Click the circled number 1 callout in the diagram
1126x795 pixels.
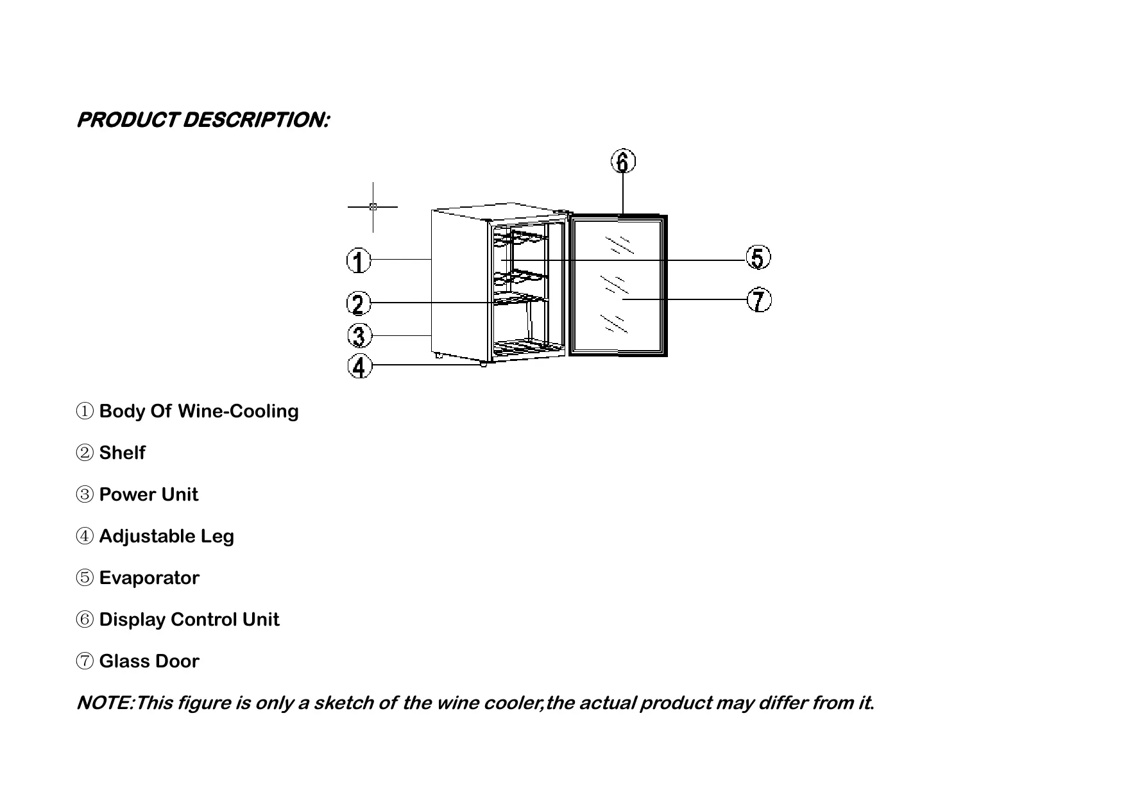(359, 261)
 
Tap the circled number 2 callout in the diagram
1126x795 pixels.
(359, 303)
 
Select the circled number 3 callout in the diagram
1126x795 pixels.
(359, 335)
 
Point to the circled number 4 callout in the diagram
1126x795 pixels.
(359, 367)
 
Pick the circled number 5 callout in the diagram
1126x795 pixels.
(758, 258)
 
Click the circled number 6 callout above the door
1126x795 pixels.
(623, 161)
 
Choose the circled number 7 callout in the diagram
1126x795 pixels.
(760, 300)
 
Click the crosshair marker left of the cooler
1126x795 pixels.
(373, 206)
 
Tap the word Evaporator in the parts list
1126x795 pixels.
(149, 578)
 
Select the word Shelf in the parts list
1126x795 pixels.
(122, 453)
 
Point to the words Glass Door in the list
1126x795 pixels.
(149, 661)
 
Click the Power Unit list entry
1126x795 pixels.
(148, 494)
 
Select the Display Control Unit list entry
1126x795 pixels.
(189, 619)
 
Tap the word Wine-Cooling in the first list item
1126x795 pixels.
(237, 411)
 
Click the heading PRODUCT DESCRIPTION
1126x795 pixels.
(203, 120)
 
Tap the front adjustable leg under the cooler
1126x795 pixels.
(482, 364)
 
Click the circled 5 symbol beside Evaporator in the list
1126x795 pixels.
(85, 578)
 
